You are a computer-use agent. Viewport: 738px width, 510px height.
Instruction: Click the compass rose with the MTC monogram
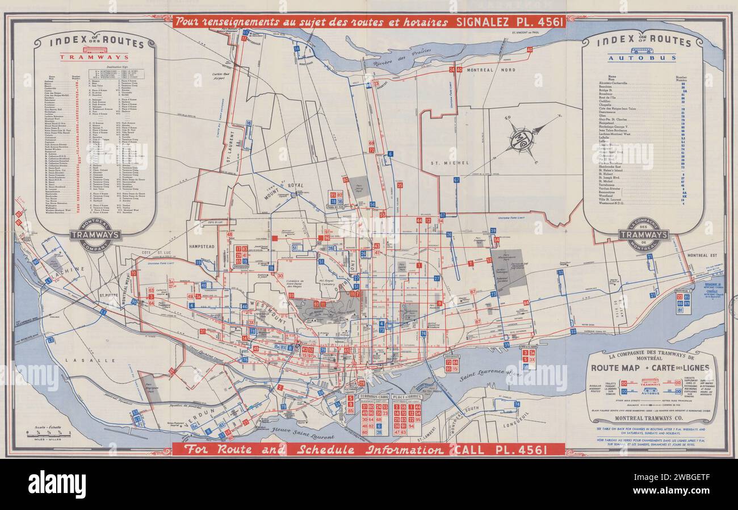pos(521,137)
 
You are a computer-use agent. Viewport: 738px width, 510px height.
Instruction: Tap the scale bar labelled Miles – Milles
pos(48,433)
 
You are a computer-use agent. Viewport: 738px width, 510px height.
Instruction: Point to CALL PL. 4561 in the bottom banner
pos(500,450)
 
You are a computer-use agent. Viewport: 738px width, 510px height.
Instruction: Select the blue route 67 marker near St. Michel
pos(456,180)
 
